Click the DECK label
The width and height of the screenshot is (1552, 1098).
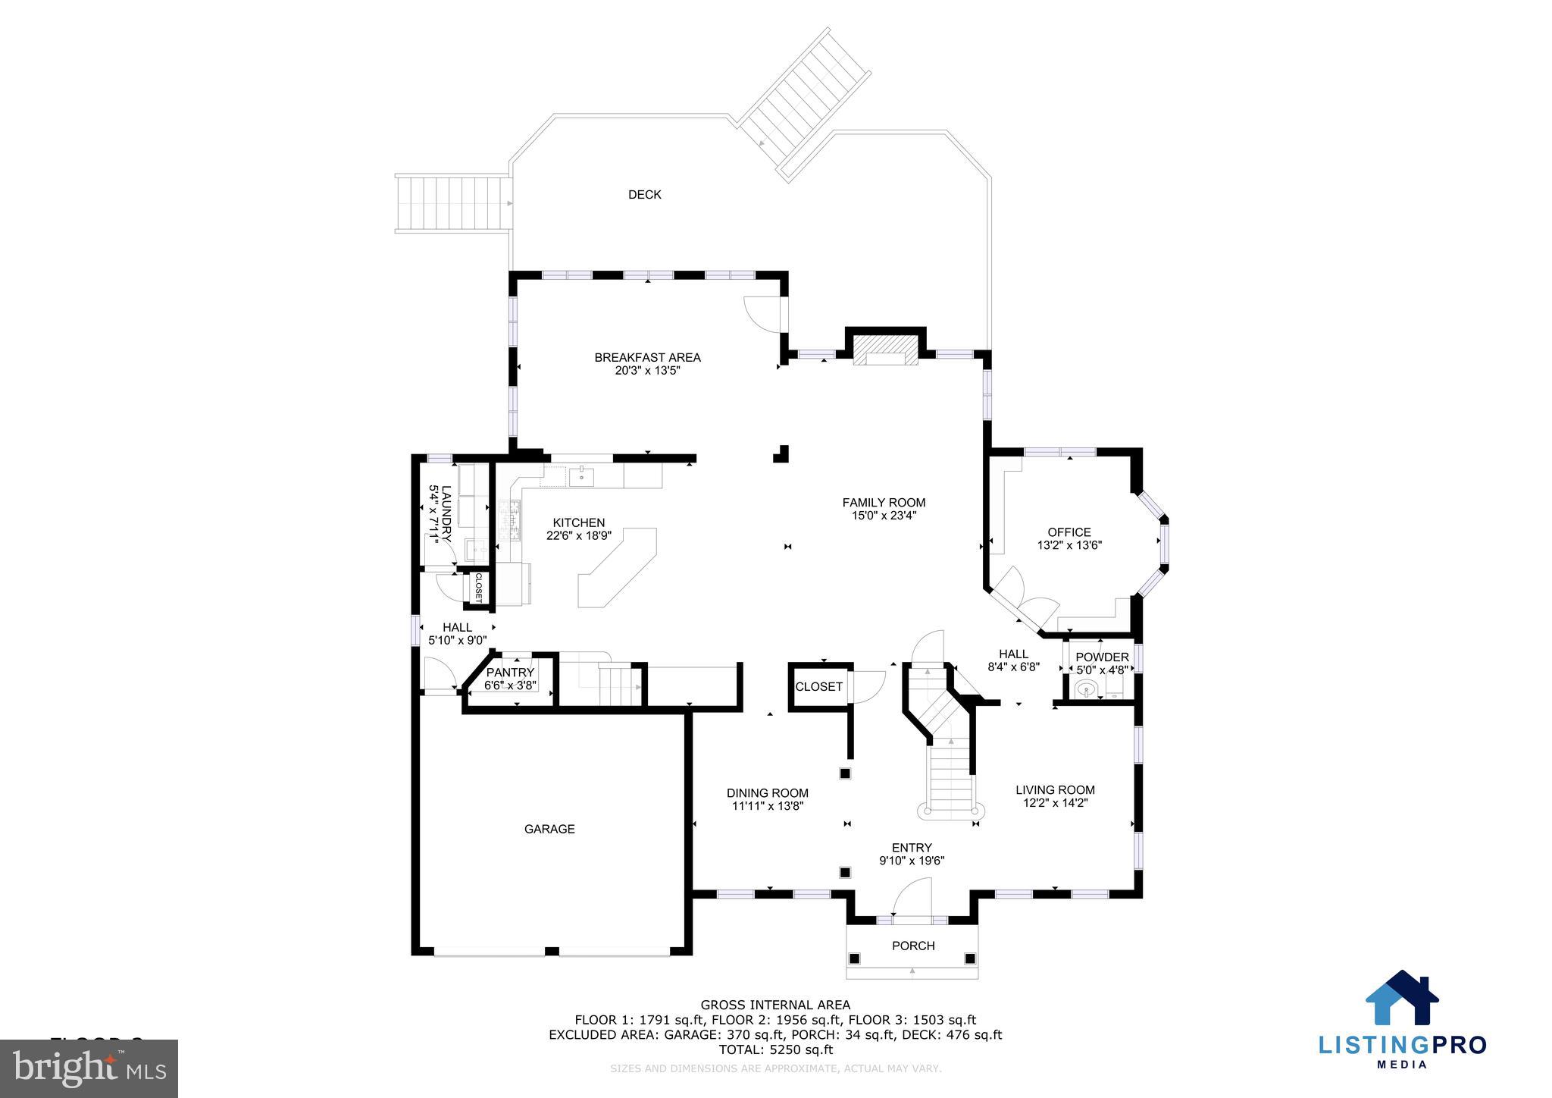point(644,195)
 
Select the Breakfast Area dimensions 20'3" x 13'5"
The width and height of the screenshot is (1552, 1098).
point(647,371)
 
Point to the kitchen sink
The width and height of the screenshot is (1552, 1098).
point(581,477)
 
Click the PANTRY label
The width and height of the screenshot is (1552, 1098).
point(510,673)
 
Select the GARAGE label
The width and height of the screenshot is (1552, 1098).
point(549,829)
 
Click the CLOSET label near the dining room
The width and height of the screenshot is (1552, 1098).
point(818,687)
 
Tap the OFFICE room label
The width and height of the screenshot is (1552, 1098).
point(1069,532)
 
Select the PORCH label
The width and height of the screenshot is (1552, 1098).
point(913,946)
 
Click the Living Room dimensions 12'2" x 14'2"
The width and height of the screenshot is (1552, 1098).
point(1055,803)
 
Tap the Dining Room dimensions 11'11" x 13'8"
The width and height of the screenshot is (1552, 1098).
point(767,806)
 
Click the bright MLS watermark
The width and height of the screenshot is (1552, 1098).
point(89,1068)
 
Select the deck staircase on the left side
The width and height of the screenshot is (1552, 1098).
point(452,203)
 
